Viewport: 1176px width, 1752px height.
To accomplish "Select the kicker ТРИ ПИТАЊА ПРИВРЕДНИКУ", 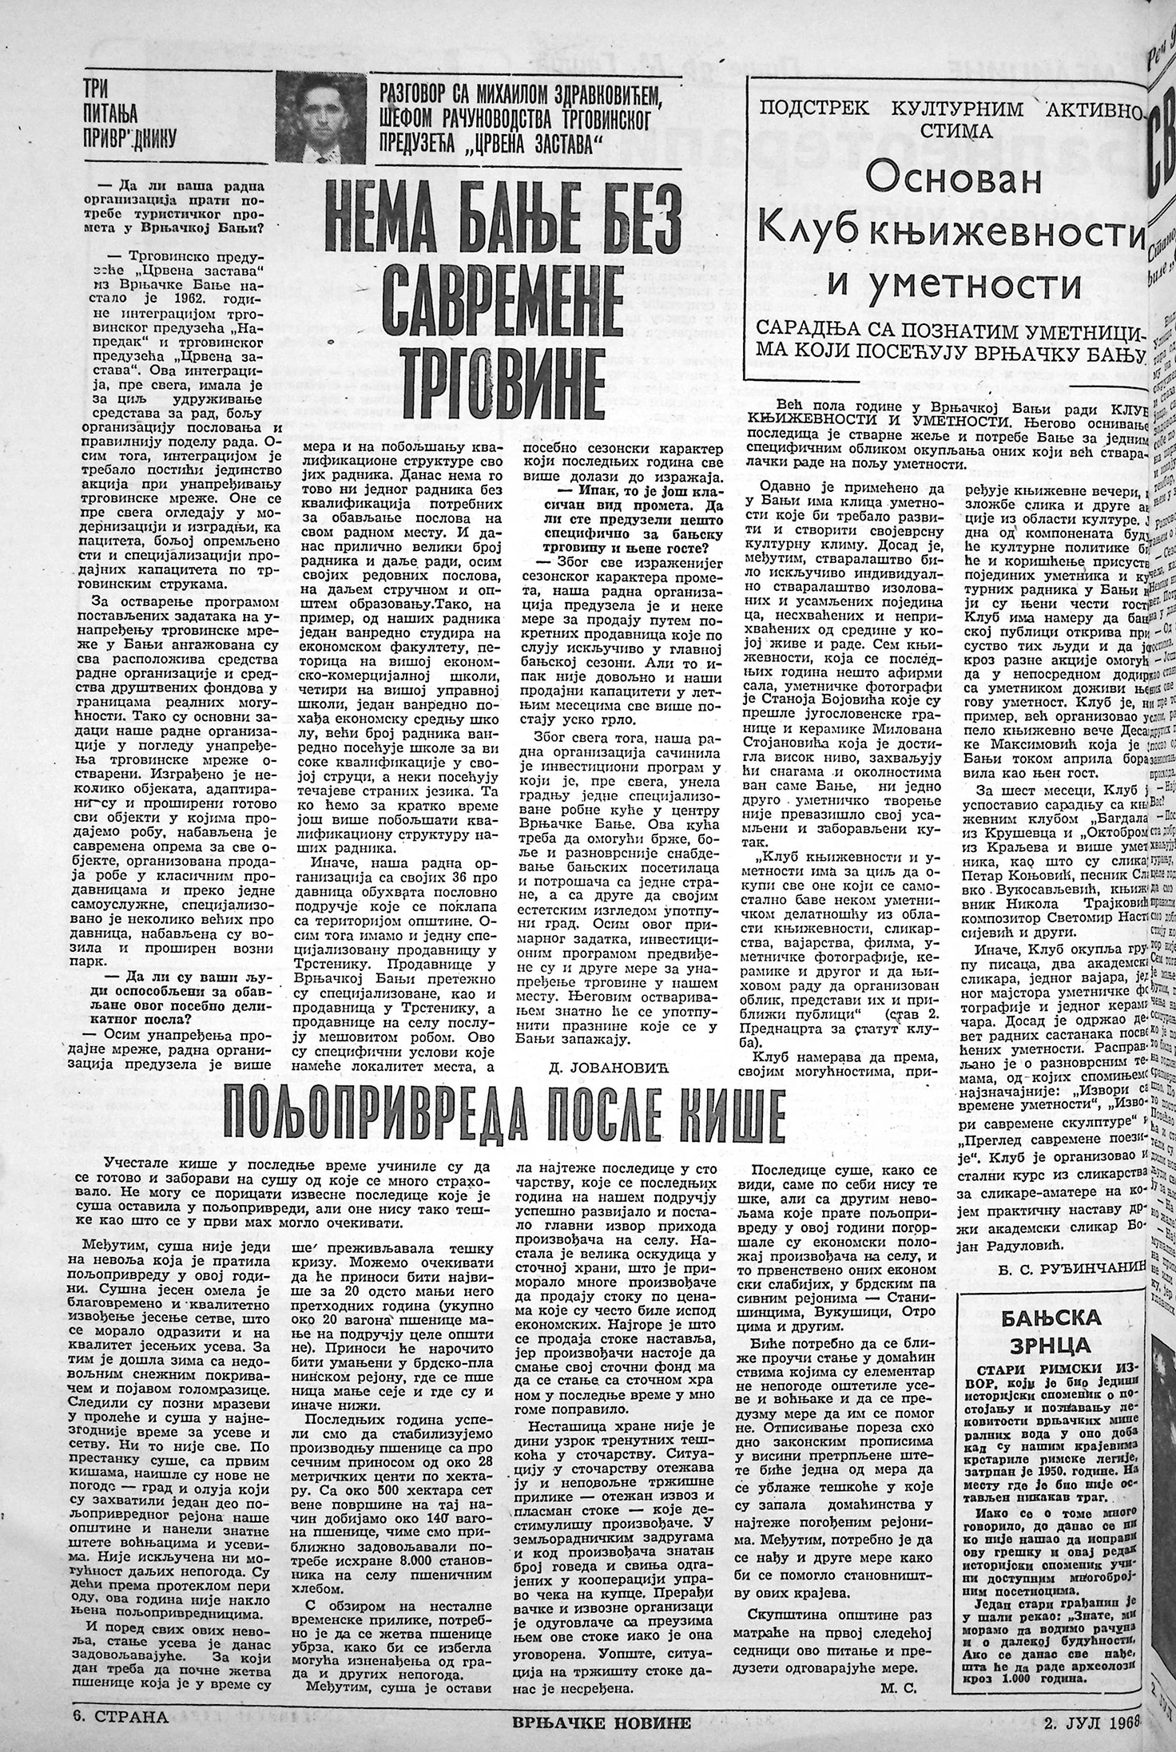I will [x=129, y=117].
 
